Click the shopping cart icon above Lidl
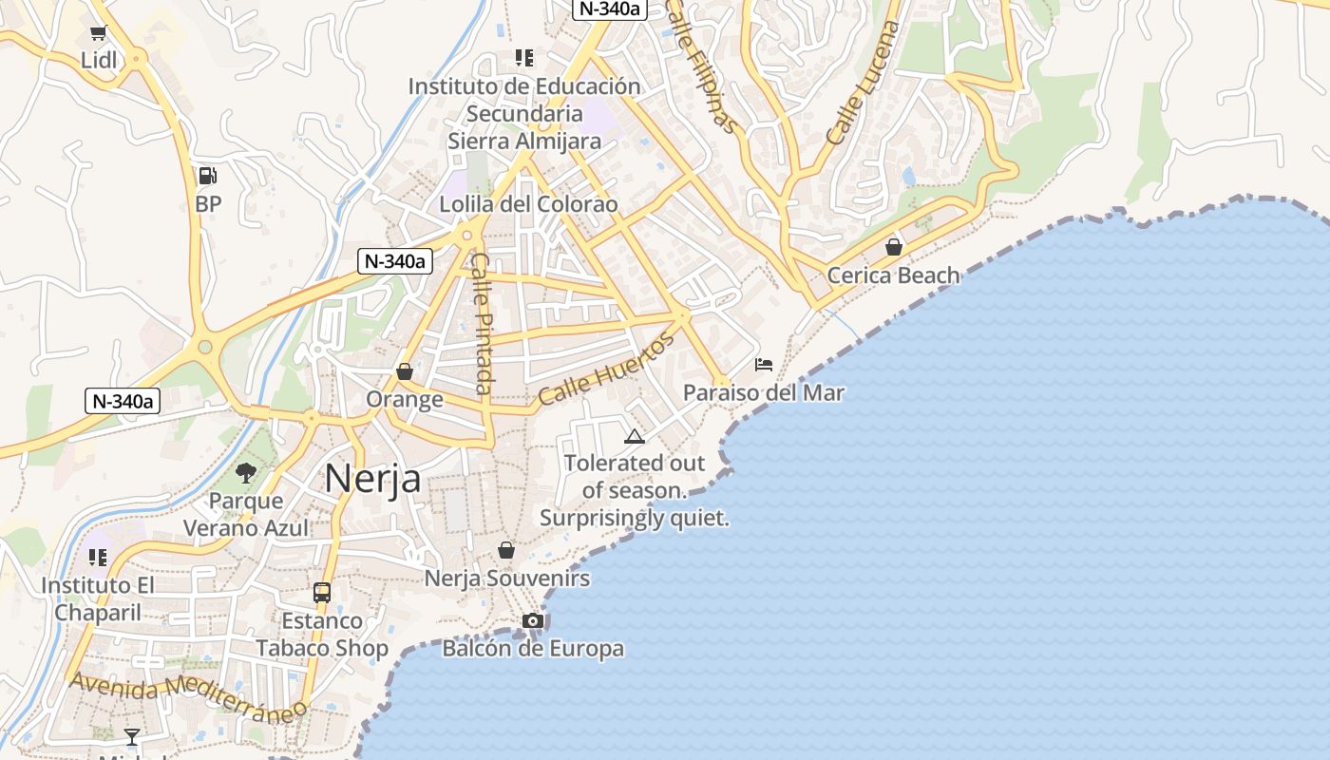98,33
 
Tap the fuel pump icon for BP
207,175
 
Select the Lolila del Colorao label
528,204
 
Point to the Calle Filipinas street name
702,66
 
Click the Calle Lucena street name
863,83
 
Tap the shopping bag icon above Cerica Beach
893,247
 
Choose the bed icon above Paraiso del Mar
764,364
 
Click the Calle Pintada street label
483,323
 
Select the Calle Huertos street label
605,370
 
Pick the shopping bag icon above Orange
405,370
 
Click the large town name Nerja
372,478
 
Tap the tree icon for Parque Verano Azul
246,472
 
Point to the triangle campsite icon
634,436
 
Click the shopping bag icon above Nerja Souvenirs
506,550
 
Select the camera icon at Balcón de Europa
533,620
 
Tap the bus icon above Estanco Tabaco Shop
322,592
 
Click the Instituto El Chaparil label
97,599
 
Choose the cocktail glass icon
132,736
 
